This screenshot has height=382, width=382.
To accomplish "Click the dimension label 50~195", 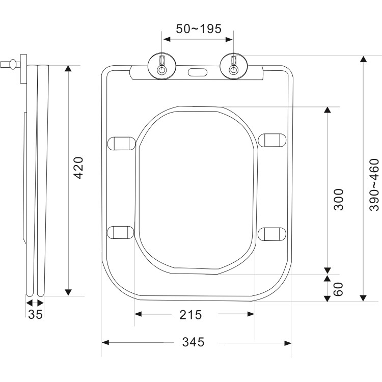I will pyautogui.click(x=199, y=29).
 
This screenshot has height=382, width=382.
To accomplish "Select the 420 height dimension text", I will pyautogui.click(x=78, y=168).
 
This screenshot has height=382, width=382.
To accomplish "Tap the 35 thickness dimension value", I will pyautogui.click(x=35, y=314).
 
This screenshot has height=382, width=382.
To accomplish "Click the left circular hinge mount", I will pyautogui.click(x=162, y=67).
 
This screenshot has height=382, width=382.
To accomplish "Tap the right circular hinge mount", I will pyautogui.click(x=233, y=67).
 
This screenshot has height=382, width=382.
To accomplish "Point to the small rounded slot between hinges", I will pyautogui.click(x=198, y=72).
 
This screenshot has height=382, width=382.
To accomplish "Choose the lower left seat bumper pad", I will pyautogui.click(x=122, y=232).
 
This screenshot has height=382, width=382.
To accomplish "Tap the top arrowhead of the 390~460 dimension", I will pyautogui.click(x=363, y=60).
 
